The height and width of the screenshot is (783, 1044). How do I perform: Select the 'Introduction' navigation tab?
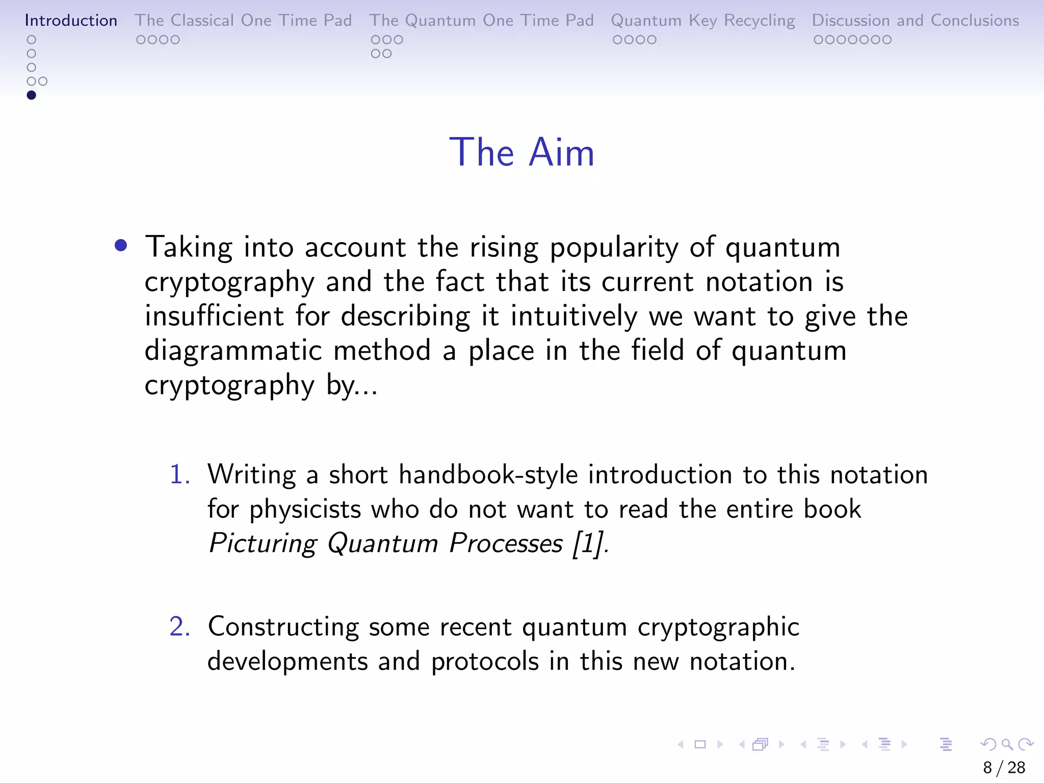click(71, 20)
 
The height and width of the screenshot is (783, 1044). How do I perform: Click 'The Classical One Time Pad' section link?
click(243, 20)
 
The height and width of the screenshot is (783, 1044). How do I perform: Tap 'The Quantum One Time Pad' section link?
click(481, 20)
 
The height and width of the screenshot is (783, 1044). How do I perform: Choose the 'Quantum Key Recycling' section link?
click(703, 20)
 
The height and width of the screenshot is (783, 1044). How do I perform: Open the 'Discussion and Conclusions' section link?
click(915, 20)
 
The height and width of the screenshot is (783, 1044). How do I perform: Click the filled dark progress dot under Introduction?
click(31, 95)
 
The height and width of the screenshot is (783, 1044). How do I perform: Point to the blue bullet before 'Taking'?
click(121, 246)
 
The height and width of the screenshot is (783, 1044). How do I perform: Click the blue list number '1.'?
click(179, 475)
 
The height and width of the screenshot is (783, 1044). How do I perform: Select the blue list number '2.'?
click(179, 627)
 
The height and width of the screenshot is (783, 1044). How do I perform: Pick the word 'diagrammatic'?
click(233, 351)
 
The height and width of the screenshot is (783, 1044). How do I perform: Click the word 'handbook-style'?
click(488, 475)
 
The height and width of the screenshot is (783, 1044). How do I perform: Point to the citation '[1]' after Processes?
click(587, 543)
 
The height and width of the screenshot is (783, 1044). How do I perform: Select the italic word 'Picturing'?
click(262, 543)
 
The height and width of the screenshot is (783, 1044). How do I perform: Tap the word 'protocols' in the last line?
click(485, 662)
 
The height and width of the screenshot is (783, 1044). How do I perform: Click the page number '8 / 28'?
click(1004, 767)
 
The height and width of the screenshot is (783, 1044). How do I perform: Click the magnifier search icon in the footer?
click(1007, 745)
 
